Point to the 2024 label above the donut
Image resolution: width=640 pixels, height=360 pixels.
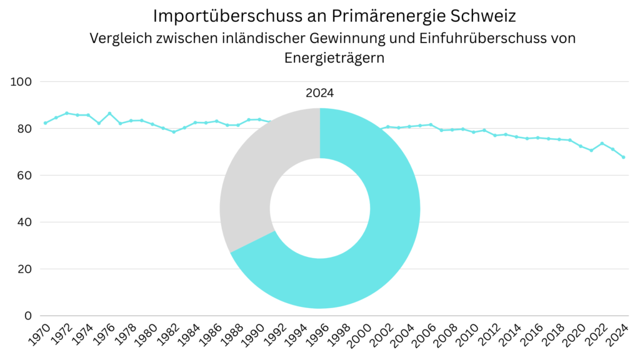point(320,93)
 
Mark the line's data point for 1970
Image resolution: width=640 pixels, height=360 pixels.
point(45,123)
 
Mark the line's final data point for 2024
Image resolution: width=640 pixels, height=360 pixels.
point(624,157)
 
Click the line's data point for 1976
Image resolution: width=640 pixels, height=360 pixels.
point(109,113)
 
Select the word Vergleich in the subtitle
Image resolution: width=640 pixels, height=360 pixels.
point(118,38)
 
